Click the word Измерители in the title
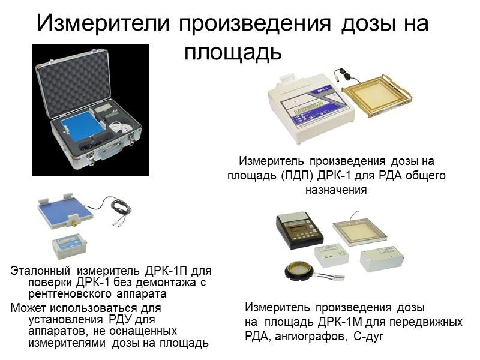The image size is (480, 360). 103,23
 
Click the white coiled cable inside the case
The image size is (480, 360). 121,127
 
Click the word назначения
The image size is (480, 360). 336,190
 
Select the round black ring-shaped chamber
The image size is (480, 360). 298,271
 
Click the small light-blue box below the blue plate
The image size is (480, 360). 70,246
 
